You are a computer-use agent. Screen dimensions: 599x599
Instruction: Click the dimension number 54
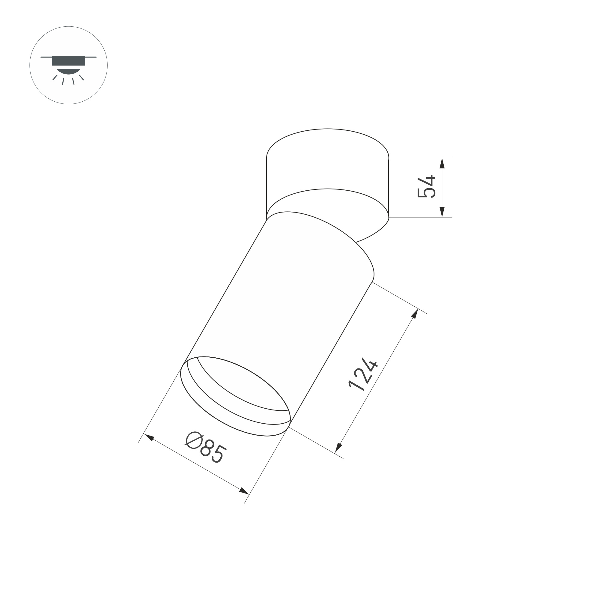click(x=427, y=187)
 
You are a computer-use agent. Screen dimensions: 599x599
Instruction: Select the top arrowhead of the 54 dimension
click(x=442, y=163)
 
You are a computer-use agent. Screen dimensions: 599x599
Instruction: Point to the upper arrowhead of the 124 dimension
click(x=415, y=314)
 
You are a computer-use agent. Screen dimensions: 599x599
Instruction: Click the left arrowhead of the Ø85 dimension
click(x=149, y=437)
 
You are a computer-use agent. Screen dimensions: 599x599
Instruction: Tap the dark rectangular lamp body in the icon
click(x=69, y=61)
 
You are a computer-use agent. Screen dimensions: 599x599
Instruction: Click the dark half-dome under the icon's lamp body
click(x=69, y=70)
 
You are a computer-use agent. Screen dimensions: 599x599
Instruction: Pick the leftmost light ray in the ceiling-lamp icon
click(x=55, y=77)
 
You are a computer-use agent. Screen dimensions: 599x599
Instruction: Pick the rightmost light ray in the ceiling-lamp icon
click(x=82, y=77)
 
